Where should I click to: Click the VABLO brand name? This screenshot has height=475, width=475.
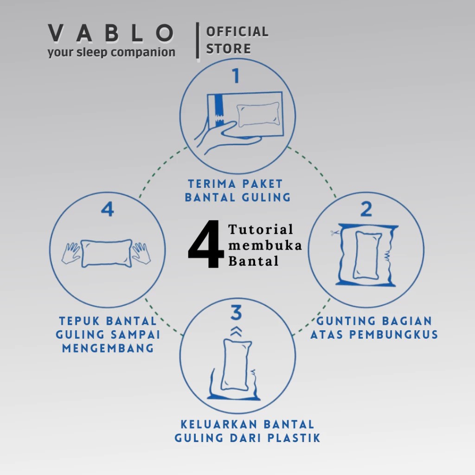(x=111, y=34)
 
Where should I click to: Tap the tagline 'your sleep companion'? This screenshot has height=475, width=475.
(x=111, y=52)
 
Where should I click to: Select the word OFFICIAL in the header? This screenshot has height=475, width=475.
(x=237, y=32)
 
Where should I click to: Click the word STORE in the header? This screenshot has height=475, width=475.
(x=228, y=49)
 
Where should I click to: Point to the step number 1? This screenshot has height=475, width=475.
(x=237, y=76)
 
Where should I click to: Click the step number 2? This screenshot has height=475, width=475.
(x=366, y=210)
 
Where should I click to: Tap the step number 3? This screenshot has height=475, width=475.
(x=237, y=313)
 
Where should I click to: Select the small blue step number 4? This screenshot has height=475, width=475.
(x=107, y=210)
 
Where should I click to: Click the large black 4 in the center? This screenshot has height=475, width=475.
(x=206, y=245)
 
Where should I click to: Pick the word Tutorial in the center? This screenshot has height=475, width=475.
(x=261, y=229)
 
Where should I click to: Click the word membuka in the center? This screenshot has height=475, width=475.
(x=265, y=245)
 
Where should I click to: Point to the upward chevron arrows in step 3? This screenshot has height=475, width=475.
(x=237, y=331)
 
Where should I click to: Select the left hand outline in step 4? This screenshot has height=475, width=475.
(x=71, y=253)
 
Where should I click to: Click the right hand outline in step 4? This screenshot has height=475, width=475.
(x=141, y=253)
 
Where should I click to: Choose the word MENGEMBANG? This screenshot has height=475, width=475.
(x=108, y=348)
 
